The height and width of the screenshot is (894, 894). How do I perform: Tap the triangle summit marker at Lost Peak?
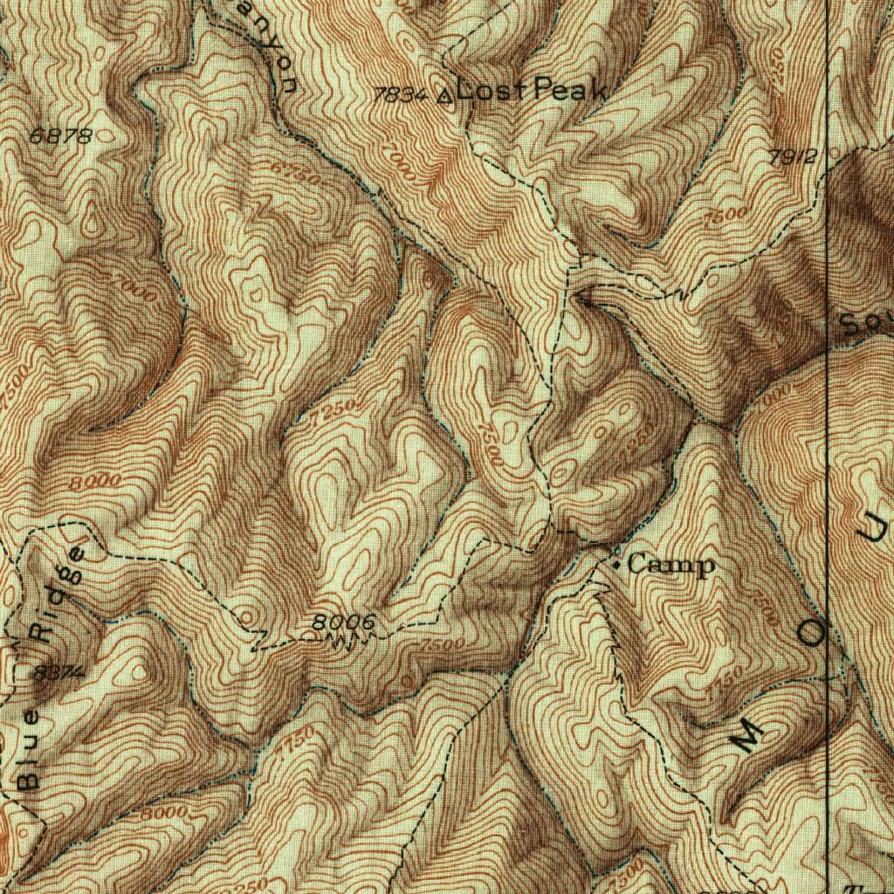point(445,95)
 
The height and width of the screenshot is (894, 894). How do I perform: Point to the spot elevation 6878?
point(59,136)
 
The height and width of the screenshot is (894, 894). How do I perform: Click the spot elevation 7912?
point(793,157)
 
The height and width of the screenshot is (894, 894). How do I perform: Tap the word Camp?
point(670,565)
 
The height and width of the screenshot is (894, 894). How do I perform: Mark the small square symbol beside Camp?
point(617,566)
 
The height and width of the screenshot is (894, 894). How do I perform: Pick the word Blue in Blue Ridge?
point(28,750)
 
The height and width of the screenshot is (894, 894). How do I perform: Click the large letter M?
point(747,737)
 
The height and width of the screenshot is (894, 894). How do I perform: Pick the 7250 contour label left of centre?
point(336,410)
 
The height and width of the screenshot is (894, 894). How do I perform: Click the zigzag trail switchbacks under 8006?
point(345,643)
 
